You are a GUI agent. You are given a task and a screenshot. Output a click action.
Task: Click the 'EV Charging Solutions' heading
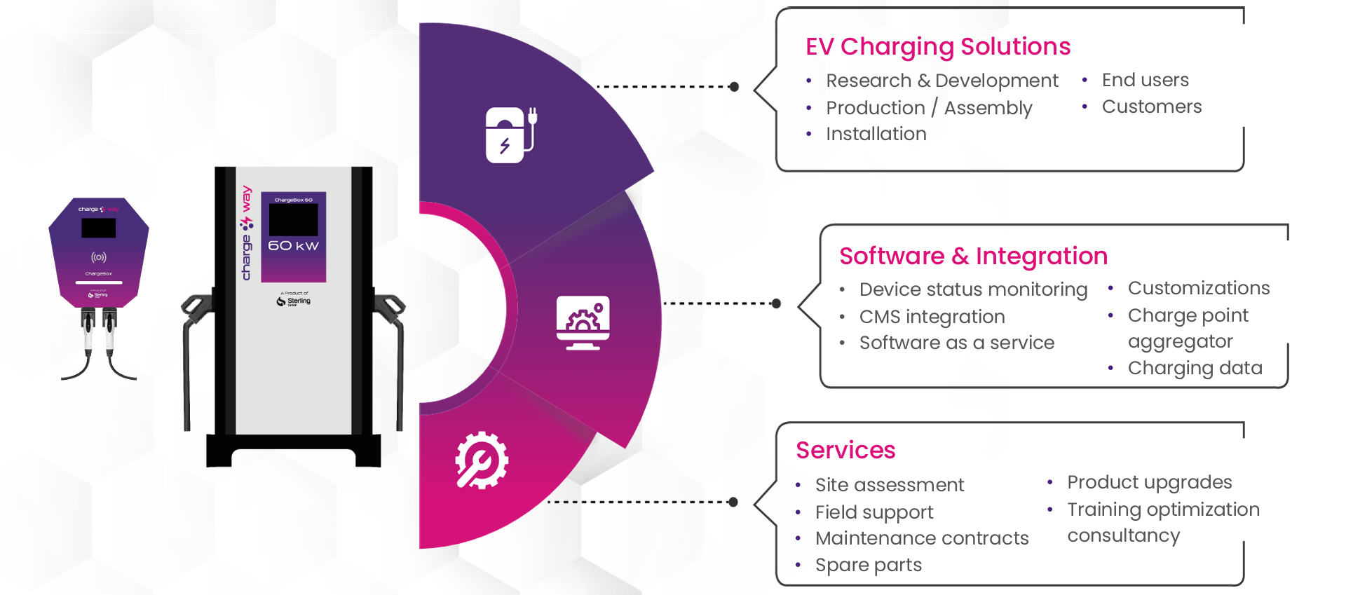click(x=937, y=46)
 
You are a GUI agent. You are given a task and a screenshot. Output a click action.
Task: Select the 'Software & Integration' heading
click(x=973, y=256)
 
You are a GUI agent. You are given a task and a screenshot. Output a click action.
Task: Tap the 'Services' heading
click(x=845, y=450)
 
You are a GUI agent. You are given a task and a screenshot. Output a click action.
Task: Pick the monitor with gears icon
click(x=583, y=322)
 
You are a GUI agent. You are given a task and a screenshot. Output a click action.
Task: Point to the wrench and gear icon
click(x=482, y=460)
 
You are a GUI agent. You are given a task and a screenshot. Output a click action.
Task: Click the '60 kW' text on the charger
click(x=293, y=245)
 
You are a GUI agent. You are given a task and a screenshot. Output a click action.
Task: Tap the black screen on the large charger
click(x=293, y=219)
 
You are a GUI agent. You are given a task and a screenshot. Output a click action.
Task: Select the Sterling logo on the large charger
click(x=294, y=301)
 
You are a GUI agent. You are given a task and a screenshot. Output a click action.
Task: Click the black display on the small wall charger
click(x=99, y=228)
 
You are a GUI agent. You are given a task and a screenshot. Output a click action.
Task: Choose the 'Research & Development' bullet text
click(x=941, y=81)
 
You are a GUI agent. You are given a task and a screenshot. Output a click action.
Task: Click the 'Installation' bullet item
click(x=876, y=134)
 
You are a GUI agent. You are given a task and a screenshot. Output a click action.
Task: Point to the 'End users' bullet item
click(x=1145, y=80)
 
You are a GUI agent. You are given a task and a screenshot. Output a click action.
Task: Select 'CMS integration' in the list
click(x=932, y=317)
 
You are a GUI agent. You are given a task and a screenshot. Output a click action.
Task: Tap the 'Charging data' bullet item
click(x=1195, y=368)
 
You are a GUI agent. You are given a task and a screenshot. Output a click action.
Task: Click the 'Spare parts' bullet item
click(x=868, y=565)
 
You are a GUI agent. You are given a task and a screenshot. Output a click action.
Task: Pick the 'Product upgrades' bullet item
click(x=1149, y=482)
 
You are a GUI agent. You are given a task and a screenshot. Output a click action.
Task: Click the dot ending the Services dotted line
click(x=733, y=502)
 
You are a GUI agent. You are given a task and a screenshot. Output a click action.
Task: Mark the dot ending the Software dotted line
click(x=776, y=303)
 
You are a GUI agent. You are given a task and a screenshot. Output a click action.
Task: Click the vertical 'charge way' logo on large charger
click(x=246, y=233)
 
